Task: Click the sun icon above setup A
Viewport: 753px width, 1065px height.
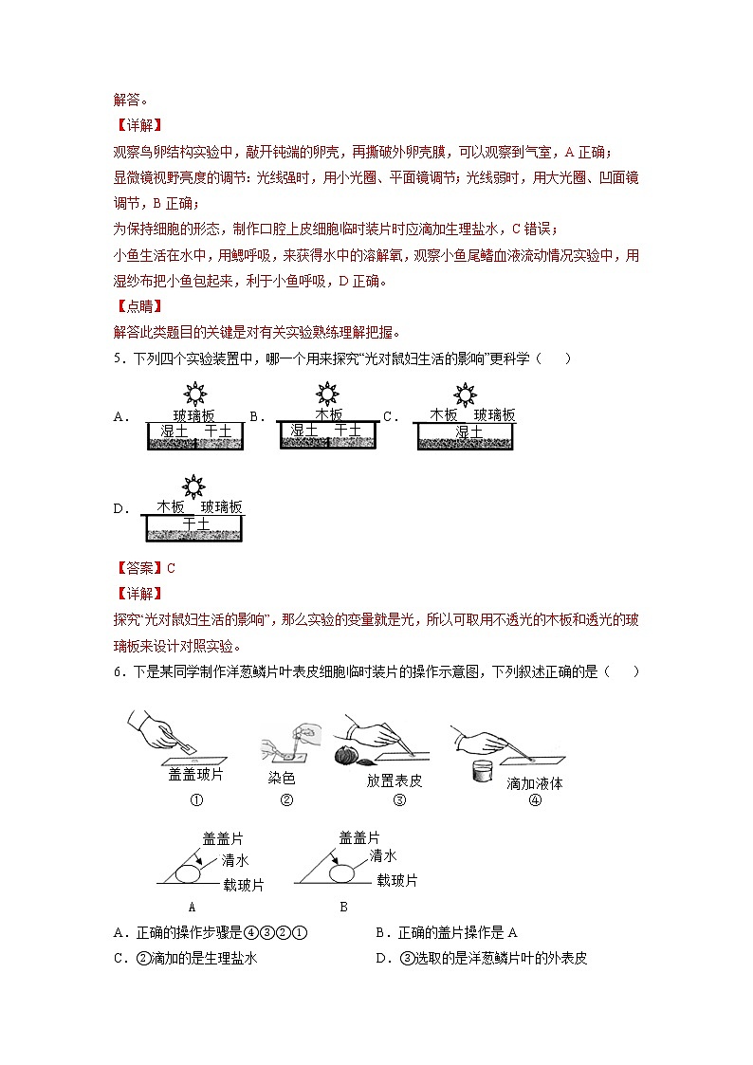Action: tap(193, 394)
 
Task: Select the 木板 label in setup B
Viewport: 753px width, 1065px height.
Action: tap(329, 414)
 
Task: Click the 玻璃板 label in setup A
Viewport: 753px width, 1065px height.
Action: tap(193, 415)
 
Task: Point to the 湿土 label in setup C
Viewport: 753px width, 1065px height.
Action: tap(468, 432)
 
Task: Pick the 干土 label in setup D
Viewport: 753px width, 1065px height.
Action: tap(195, 523)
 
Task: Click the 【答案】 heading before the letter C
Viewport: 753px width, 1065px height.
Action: tap(138, 569)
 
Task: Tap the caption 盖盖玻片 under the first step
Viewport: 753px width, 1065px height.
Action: tap(196, 775)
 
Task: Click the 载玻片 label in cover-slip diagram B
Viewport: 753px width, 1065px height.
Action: tap(396, 881)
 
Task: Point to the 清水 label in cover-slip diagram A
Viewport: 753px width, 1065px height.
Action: tap(235, 861)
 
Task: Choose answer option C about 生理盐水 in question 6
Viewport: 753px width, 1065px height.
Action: tap(186, 959)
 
